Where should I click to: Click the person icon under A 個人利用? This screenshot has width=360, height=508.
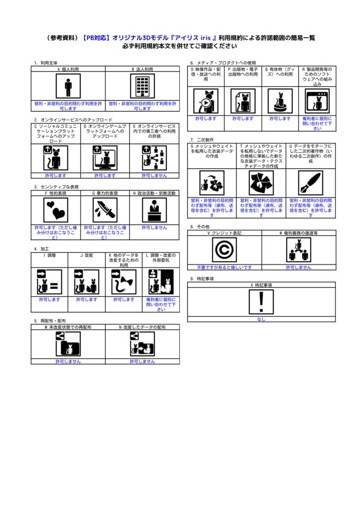pyautogui.click(x=68, y=86)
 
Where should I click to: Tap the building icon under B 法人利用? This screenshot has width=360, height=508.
pyautogui.click(x=142, y=86)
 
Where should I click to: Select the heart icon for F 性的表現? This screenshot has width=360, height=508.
pyautogui.click(x=56, y=210)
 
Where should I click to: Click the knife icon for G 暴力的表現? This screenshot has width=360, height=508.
pyautogui.click(x=105, y=210)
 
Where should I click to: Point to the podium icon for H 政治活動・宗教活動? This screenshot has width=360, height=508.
pyautogui.click(x=154, y=210)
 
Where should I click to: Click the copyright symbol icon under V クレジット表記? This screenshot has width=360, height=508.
pyautogui.click(x=224, y=250)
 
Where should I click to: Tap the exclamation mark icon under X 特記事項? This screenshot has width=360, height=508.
pyautogui.click(x=261, y=302)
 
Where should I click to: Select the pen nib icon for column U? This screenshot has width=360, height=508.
pyautogui.click(x=311, y=183)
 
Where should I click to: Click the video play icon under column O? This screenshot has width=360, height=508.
pyautogui.click(x=206, y=101)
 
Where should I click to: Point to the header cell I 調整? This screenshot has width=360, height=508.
pyautogui.click(x=49, y=255)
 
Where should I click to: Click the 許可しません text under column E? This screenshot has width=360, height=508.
pyautogui.click(x=154, y=175)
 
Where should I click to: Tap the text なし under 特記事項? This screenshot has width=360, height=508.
pyautogui.click(x=261, y=319)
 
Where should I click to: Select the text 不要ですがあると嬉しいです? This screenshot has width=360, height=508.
pyautogui.click(x=224, y=267)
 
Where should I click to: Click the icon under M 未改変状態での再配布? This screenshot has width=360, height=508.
pyautogui.click(x=68, y=344)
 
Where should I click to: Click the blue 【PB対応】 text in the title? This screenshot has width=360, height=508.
pyautogui.click(x=96, y=38)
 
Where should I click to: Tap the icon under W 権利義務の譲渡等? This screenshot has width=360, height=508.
pyautogui.click(x=298, y=250)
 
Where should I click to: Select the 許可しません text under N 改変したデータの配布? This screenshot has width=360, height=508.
pyautogui.click(x=142, y=362)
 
